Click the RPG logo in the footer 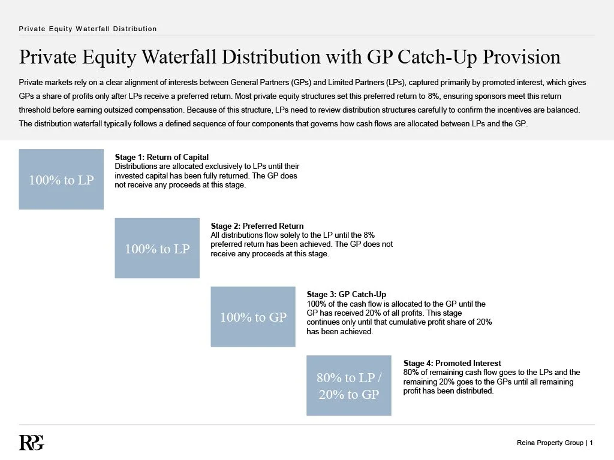tap(31, 442)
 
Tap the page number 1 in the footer tap(591, 443)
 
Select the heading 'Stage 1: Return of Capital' tap(161, 158)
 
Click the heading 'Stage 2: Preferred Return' tap(257, 226)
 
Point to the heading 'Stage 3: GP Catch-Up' tap(346, 295)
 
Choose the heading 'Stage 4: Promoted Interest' tap(452, 364)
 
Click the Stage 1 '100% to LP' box tap(61, 180)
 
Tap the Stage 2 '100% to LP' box tap(157, 249)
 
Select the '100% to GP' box tap(253, 317)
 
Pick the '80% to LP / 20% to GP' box tap(349, 386)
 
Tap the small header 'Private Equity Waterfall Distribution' tap(88, 29)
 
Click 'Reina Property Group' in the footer tap(550, 443)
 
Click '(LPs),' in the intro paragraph tap(390, 81)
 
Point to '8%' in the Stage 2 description tap(369, 235)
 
